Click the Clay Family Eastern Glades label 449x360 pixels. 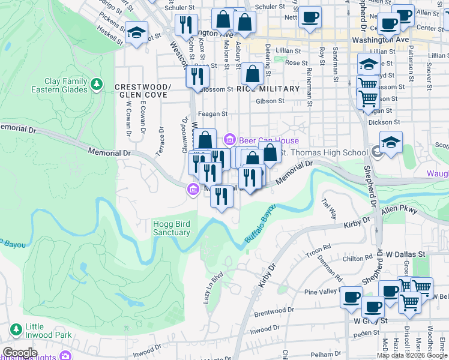tap(59, 85)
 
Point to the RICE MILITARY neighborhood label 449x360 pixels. tap(268, 89)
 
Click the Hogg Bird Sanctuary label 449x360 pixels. tap(172, 228)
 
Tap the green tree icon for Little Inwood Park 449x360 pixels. tap(16, 329)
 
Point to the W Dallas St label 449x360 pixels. tap(405, 254)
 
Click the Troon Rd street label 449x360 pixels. tap(318, 247)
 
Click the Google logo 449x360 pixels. tap(20, 353)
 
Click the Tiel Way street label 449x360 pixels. tap(330, 208)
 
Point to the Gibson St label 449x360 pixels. tap(270, 101)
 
